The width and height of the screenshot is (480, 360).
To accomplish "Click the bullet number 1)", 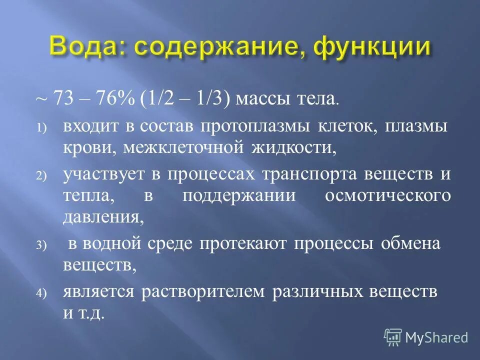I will tap(40, 128).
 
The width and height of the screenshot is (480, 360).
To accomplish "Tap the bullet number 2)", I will tap(40, 176).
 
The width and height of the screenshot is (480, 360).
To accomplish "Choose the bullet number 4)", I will tap(40, 293).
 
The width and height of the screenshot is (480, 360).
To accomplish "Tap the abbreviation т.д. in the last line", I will tap(91, 314).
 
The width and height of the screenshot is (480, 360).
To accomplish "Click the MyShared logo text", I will tap(436, 337).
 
